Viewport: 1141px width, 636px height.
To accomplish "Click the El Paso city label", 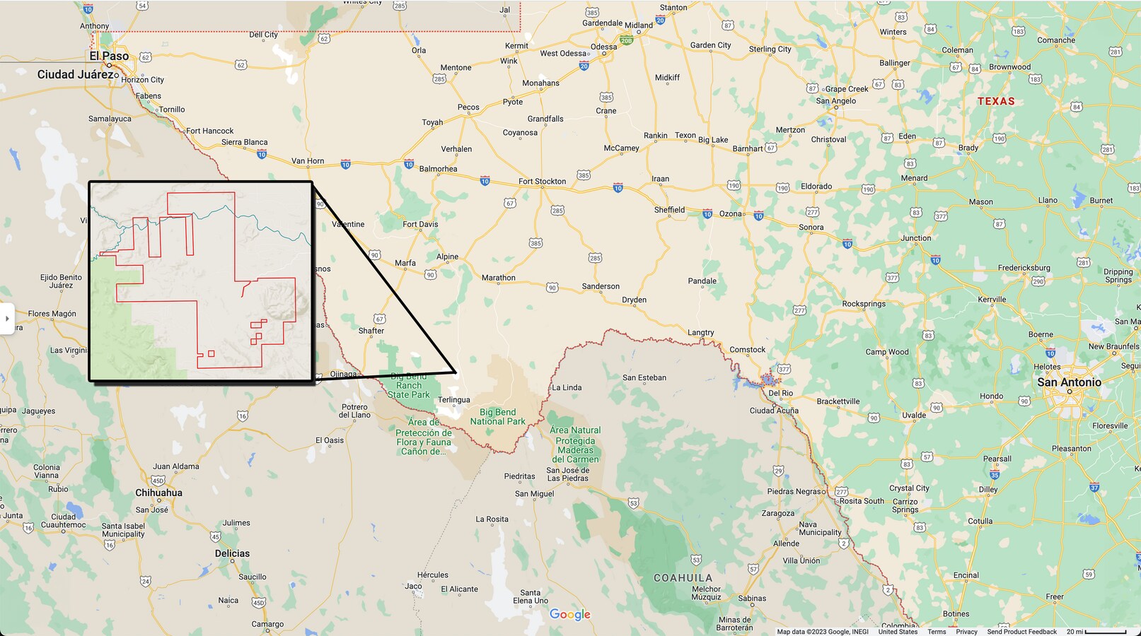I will [109, 56].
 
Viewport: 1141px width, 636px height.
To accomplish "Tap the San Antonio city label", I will [1069, 382].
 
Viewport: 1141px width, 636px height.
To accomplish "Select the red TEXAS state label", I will [996, 101].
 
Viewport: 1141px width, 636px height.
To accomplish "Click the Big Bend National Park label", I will [498, 417].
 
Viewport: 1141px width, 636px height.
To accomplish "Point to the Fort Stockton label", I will [542, 182].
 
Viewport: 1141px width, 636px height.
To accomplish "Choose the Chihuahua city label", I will [158, 493].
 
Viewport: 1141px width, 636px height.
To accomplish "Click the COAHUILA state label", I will [683, 578].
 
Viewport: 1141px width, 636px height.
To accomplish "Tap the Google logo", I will [569, 615].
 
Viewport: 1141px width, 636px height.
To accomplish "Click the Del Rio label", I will [780, 393].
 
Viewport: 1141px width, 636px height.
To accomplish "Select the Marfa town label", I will [405, 263].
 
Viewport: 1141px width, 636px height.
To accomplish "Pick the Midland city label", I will [639, 25].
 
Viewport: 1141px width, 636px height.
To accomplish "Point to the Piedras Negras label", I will [796, 491].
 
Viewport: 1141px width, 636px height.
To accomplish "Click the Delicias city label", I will [232, 553].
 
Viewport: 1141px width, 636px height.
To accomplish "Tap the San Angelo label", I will [835, 101].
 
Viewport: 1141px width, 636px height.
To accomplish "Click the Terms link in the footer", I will [937, 632].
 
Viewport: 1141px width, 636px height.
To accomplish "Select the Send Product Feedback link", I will [1021, 632].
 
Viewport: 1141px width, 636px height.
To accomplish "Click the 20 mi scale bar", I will [1096, 632].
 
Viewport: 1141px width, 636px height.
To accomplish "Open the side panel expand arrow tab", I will [7, 319].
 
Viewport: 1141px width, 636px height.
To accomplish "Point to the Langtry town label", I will [701, 332].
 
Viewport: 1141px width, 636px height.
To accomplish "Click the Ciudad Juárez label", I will [75, 74].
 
